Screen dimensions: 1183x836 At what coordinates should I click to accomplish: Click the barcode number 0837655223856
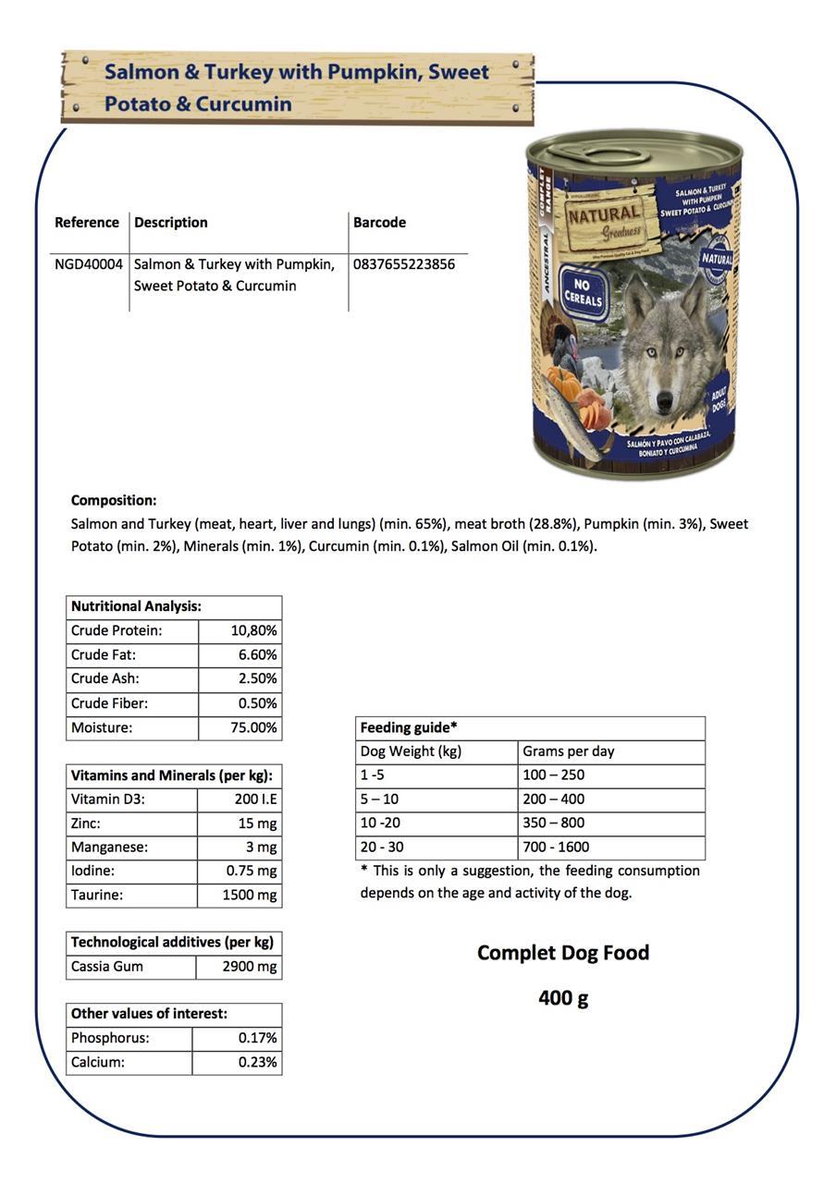pos(403,264)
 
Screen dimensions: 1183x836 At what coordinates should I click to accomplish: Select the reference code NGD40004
pos(89,264)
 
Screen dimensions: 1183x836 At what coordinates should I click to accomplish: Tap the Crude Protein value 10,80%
pos(253,630)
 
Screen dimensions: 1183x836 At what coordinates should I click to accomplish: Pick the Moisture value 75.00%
pos(253,727)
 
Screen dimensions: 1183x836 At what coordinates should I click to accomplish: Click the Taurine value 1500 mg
pos(250,895)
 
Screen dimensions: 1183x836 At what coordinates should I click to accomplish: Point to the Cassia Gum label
pos(107,967)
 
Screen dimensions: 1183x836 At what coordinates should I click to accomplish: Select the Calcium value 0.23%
pos(257,1062)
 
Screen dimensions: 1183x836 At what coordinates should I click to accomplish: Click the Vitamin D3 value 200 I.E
pos(255,799)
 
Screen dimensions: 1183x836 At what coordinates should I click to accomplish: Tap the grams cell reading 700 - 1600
pos(556,847)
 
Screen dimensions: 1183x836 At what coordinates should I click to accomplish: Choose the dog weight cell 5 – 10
pos(380,799)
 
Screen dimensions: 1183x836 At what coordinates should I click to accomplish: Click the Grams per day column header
pos(568,751)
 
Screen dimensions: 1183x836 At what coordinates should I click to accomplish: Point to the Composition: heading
pos(114,500)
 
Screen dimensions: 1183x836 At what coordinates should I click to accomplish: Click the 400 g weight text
pos(563,998)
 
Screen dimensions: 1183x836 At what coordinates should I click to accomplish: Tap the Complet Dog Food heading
pos(563,953)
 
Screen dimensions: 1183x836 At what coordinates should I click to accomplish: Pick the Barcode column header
pos(379,222)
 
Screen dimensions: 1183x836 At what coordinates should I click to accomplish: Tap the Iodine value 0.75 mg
pos(252,871)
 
